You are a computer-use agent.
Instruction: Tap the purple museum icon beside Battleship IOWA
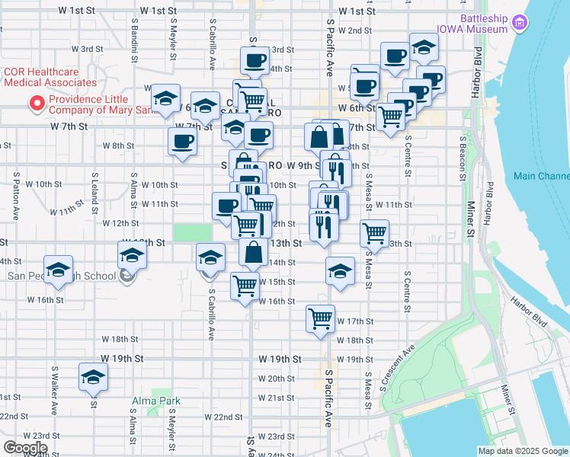tap(520, 24)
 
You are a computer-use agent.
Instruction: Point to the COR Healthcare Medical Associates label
tap(50, 77)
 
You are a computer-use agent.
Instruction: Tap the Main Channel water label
tap(540, 176)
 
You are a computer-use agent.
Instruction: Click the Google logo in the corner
tap(25, 448)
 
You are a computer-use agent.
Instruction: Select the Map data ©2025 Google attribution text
tap(522, 451)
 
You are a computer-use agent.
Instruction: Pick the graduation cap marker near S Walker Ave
tap(94, 377)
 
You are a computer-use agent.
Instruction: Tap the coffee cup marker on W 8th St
tap(183, 141)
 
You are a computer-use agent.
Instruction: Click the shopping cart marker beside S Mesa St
tap(374, 232)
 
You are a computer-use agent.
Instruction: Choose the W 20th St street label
tap(276, 379)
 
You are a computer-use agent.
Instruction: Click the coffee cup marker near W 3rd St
tap(255, 59)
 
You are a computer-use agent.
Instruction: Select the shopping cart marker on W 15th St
tap(245, 286)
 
